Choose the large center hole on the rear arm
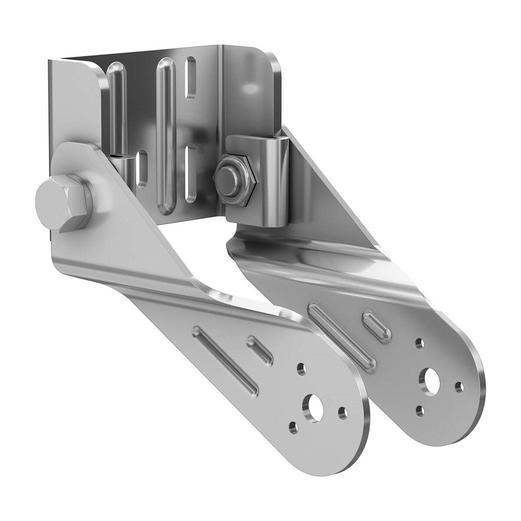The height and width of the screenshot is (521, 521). tap(430, 380)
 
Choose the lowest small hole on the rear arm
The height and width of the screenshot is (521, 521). tap(420, 411)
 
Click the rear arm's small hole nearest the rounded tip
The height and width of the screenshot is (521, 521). tap(459, 386)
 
